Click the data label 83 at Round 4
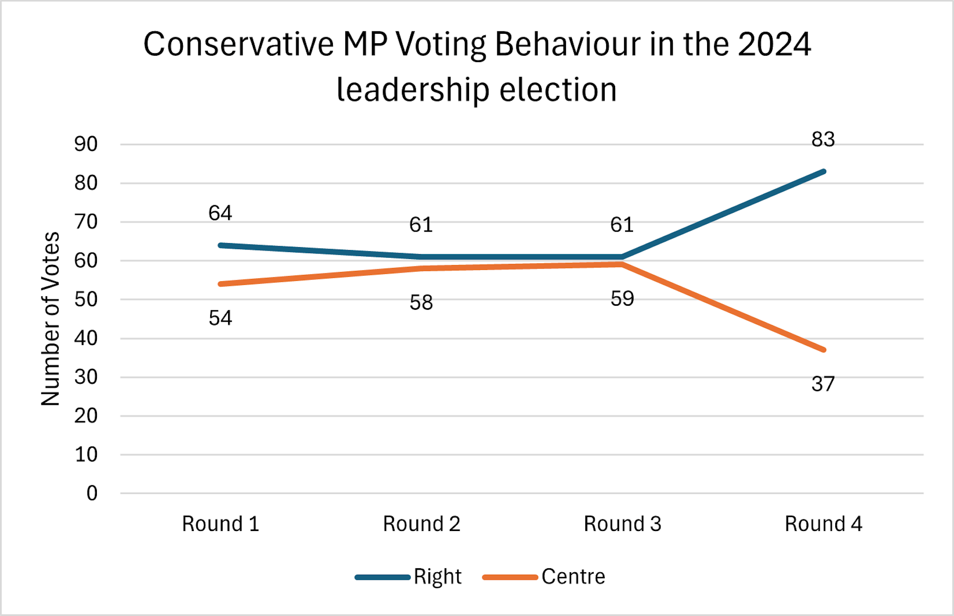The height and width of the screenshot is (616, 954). click(x=823, y=140)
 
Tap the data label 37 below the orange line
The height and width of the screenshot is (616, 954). click(x=823, y=384)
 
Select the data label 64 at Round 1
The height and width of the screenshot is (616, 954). click(x=220, y=213)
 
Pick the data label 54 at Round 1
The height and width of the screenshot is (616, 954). click(x=220, y=318)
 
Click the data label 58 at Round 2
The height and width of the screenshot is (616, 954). click(x=421, y=302)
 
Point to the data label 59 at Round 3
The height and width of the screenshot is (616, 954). click(x=622, y=299)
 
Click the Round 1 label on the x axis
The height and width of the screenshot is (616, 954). click(x=220, y=524)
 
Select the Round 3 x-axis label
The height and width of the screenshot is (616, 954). click(x=622, y=524)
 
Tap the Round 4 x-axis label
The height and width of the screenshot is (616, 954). click(x=823, y=524)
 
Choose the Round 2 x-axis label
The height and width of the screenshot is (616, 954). click(x=421, y=524)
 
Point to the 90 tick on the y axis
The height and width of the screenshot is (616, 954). click(x=86, y=144)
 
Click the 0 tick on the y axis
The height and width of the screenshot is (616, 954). click(x=91, y=493)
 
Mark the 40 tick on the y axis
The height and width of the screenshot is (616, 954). click(x=86, y=338)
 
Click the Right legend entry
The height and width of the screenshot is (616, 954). click(x=437, y=577)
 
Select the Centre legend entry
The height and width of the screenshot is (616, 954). click(x=573, y=577)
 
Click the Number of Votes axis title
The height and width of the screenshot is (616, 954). click(x=50, y=319)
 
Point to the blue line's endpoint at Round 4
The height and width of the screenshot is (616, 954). click(x=823, y=172)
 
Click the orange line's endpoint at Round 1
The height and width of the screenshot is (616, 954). click(x=221, y=284)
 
